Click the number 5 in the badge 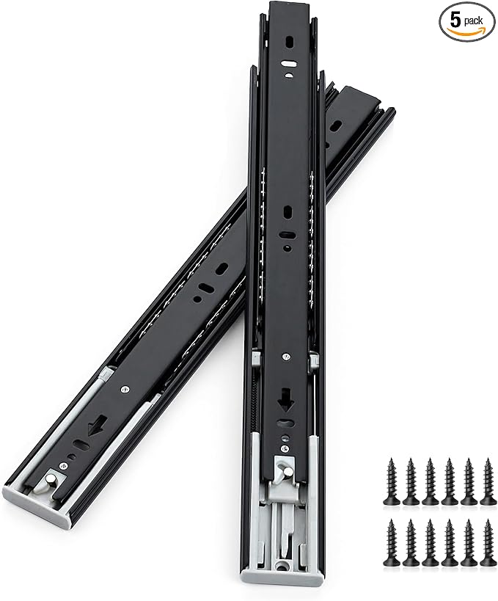click(x=455, y=21)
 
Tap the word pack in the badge click(x=473, y=21)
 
